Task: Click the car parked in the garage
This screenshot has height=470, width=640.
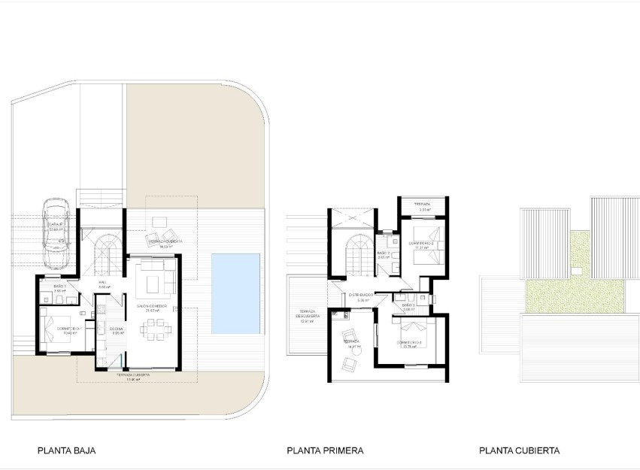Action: (57, 233)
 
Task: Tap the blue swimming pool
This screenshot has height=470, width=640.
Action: (235, 293)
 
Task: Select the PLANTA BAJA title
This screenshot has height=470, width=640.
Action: (66, 451)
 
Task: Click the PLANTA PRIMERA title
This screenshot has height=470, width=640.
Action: (325, 451)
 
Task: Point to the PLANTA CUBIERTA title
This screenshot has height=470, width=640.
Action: (519, 451)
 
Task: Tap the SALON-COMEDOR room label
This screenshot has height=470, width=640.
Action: (151, 307)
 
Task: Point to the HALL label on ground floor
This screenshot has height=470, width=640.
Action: (103, 283)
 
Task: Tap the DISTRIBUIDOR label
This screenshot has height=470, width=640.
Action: (361, 295)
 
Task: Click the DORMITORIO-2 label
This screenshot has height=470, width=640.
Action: (422, 244)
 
